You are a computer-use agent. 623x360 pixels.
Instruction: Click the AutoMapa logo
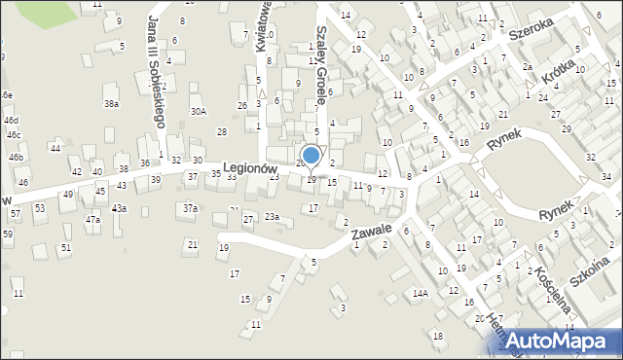pyautogui.click(x=562, y=340)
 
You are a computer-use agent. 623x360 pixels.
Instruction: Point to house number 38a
pyautogui.click(x=112, y=103)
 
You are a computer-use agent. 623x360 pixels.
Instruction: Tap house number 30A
pyautogui.click(x=198, y=112)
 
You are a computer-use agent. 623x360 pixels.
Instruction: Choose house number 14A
pyautogui.click(x=420, y=293)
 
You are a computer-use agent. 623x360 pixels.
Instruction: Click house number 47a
pyautogui.click(x=92, y=219)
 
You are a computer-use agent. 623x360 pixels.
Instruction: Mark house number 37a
pyautogui.click(x=190, y=208)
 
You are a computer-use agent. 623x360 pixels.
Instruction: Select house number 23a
pyautogui.click(x=272, y=217)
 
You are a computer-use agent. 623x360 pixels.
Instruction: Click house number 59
pyautogui.click(x=7, y=234)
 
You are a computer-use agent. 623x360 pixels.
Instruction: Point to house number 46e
pyautogui.click(x=6, y=94)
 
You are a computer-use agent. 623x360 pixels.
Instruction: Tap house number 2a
pyautogui.click(x=527, y=66)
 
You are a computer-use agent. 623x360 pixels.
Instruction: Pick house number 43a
pyautogui.click(x=119, y=208)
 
